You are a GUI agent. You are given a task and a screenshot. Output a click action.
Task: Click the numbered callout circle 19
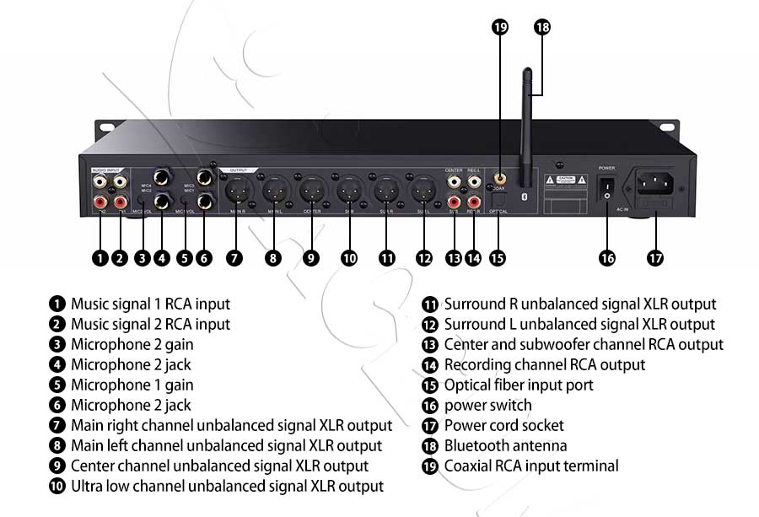(x=500, y=27)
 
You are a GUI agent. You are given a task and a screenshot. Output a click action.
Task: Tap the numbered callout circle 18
(x=542, y=27)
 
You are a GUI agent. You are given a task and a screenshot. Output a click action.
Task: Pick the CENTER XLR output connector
(x=311, y=190)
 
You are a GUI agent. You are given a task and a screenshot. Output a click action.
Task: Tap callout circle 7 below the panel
(x=234, y=258)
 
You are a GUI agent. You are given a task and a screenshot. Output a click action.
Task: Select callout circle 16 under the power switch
(x=607, y=258)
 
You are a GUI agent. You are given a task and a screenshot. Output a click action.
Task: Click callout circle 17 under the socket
(x=655, y=258)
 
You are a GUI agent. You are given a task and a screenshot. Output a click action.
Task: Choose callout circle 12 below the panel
(x=424, y=258)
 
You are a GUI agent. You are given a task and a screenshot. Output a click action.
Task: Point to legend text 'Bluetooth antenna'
(x=505, y=446)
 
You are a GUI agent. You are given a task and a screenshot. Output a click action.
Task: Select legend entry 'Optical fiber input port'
(x=519, y=385)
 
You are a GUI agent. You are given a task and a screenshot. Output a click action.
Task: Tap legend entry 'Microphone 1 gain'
(x=132, y=385)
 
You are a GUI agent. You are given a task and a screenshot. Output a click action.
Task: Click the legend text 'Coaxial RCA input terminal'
(x=531, y=466)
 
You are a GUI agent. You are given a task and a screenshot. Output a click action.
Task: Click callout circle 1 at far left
(x=100, y=258)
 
